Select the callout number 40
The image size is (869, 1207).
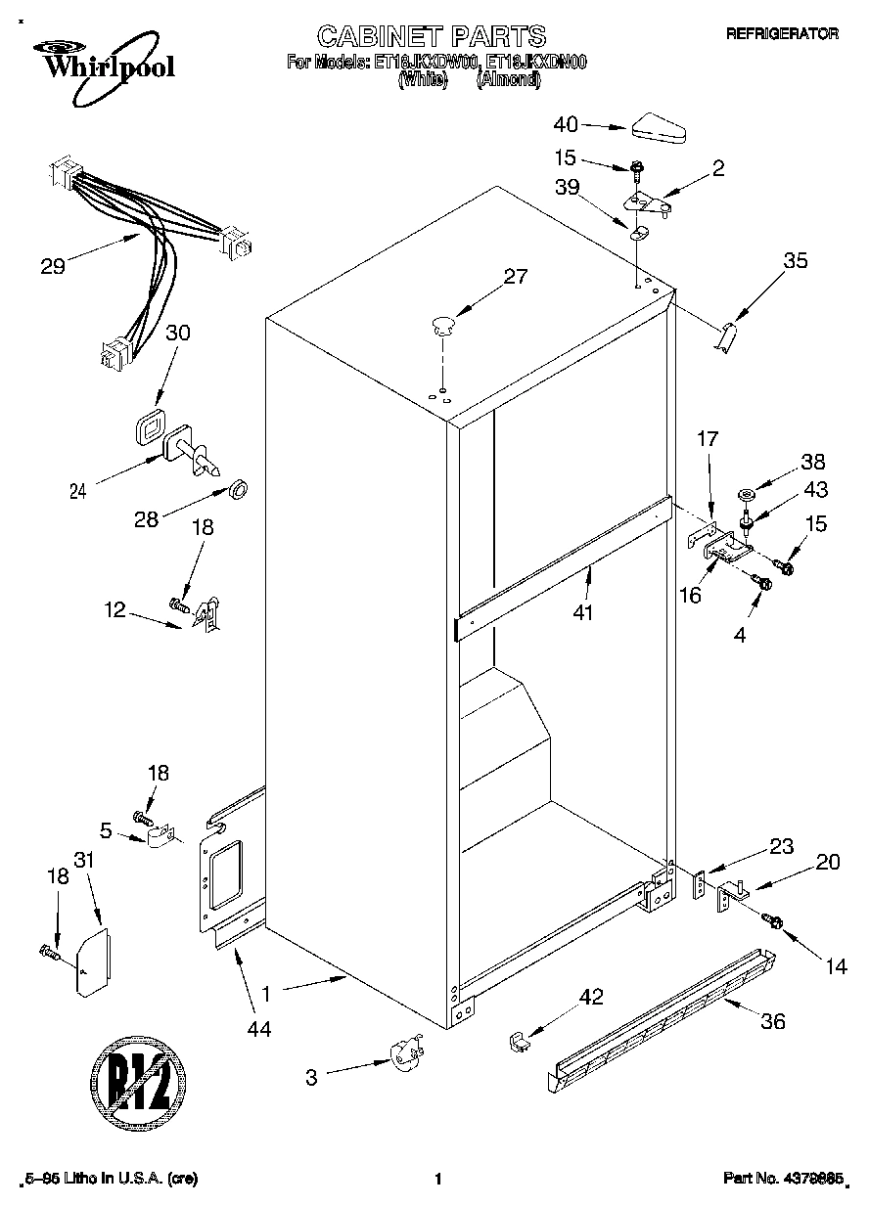point(566,124)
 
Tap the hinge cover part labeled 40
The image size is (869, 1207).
point(662,126)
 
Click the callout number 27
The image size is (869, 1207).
point(515,277)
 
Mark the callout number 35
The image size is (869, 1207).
point(796,260)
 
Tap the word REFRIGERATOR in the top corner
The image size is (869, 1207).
point(781,33)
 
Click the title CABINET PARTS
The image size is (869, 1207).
point(431,36)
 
